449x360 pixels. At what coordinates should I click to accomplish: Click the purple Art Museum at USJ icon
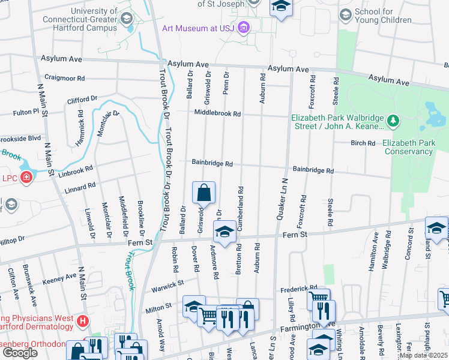tap(243, 27)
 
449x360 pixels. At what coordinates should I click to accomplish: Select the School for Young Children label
tap(382, 16)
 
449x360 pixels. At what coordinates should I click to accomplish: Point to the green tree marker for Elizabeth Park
tap(393, 122)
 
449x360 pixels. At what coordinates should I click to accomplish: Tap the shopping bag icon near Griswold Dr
tap(204, 193)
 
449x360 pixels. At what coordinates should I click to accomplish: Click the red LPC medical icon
tap(26, 177)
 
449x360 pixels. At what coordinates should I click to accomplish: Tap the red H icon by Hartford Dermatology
tap(82, 323)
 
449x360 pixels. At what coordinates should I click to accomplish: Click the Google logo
tap(20, 352)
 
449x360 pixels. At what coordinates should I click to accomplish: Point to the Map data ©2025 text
tap(423, 355)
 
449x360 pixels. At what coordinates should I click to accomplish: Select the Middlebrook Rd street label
tap(217, 113)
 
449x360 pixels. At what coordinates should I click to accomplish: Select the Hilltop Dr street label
tap(12, 238)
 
